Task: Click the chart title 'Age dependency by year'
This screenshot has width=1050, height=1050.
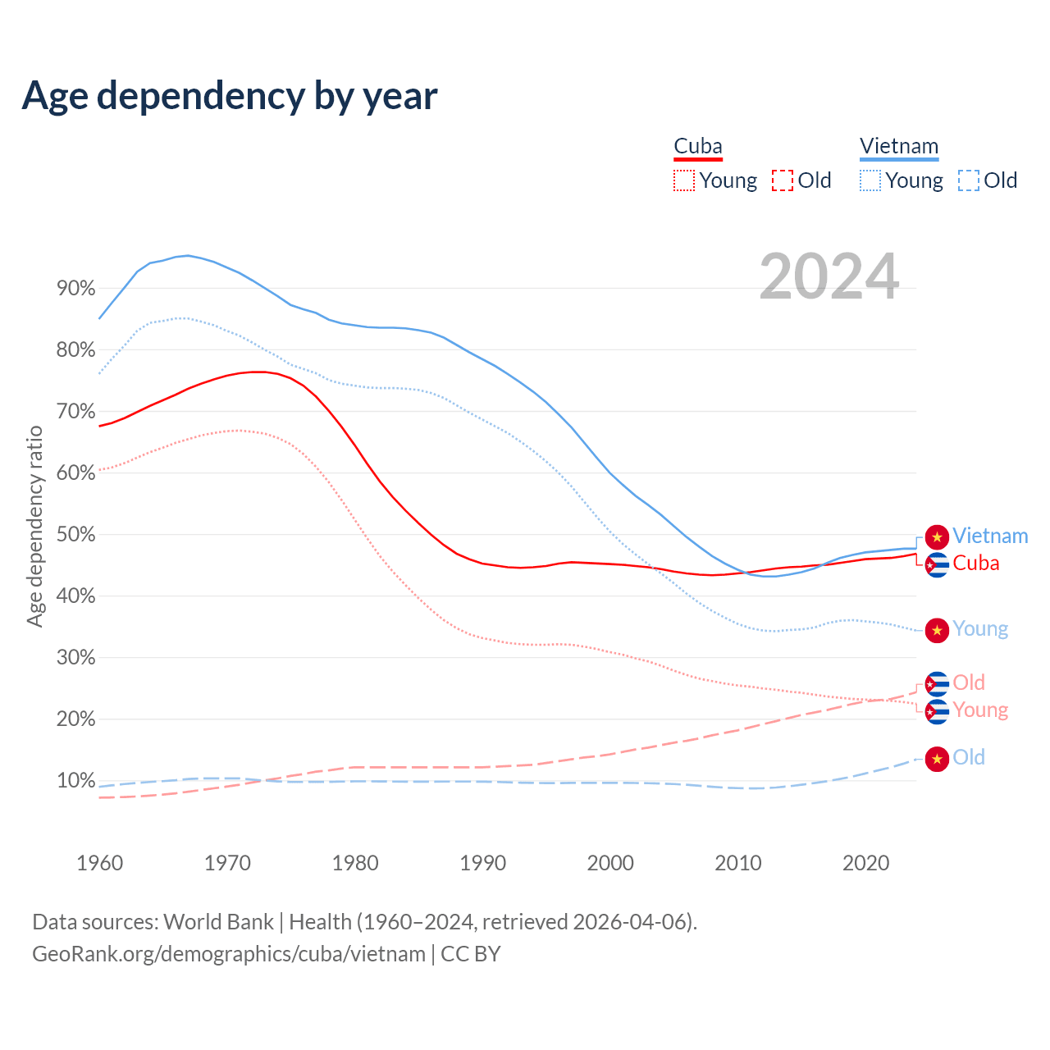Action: [230, 96]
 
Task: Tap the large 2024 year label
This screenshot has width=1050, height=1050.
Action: [829, 276]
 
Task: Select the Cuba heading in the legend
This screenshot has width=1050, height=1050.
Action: [698, 147]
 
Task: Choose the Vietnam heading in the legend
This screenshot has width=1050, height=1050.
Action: [899, 147]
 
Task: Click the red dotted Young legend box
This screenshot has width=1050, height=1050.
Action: [683, 180]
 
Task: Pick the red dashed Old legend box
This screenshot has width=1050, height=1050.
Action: [783, 180]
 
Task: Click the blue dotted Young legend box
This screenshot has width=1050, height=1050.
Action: [870, 180]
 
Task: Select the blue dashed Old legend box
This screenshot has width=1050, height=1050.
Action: [969, 180]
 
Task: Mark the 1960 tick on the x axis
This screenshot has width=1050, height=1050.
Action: [99, 863]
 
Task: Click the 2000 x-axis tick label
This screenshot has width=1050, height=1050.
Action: [610, 863]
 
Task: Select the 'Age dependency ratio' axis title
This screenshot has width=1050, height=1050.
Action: [34, 526]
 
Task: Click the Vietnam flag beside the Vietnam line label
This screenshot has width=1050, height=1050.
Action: [937, 536]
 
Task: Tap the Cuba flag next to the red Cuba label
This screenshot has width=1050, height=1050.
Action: [937, 565]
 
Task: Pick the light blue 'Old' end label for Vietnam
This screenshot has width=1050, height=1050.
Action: [969, 757]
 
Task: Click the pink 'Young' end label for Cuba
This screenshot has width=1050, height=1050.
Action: [980, 710]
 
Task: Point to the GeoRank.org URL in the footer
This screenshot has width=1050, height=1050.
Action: [229, 954]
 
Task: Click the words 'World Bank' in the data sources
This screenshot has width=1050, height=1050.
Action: [218, 922]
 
